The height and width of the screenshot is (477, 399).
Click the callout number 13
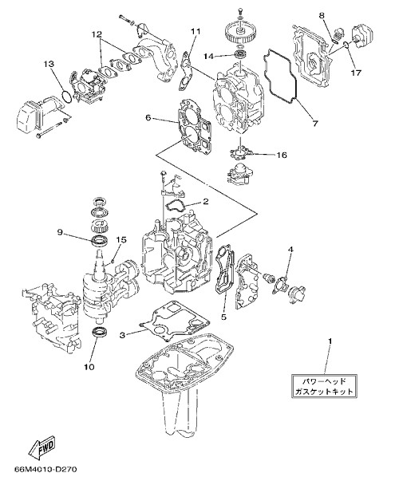pyautogui.click(x=49, y=64)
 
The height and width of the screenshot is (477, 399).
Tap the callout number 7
pyautogui.click(x=315, y=123)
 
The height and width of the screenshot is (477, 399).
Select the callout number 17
pyautogui.click(x=356, y=73)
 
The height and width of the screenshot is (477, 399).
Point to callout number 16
pyautogui.click(x=282, y=156)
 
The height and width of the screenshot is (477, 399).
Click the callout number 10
pyautogui.click(x=89, y=367)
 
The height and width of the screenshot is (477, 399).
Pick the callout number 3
pyautogui.click(x=122, y=335)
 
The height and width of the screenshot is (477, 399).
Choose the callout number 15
pyautogui.click(x=121, y=240)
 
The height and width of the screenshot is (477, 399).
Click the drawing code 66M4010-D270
pyautogui.click(x=45, y=469)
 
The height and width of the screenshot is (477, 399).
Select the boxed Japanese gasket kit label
pyautogui.click(x=324, y=386)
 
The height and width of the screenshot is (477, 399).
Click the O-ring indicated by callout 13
pyautogui.click(x=67, y=96)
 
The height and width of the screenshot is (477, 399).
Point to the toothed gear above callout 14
pyautogui.click(x=241, y=34)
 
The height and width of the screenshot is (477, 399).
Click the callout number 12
pyautogui.click(x=97, y=34)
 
